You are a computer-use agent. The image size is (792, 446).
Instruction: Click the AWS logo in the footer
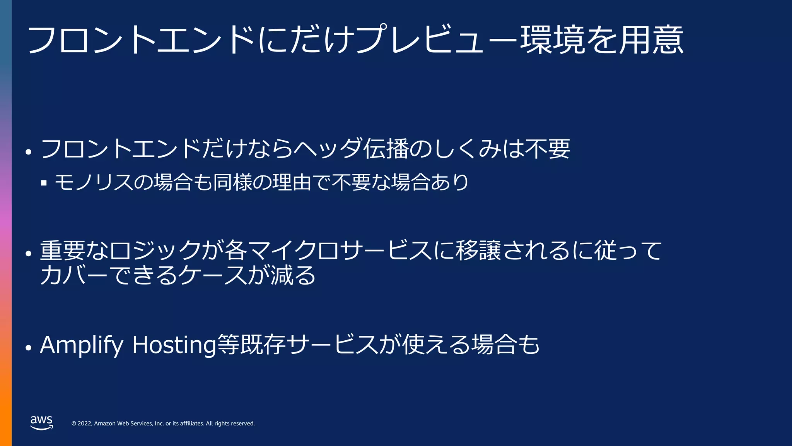point(41,422)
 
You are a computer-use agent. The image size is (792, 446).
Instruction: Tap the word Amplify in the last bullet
point(81,345)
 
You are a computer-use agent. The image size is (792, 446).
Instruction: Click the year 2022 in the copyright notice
point(84,424)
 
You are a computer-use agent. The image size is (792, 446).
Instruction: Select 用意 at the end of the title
point(651,40)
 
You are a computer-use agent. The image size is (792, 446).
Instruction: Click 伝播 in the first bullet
point(386,149)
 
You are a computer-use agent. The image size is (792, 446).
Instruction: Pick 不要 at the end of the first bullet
point(548,149)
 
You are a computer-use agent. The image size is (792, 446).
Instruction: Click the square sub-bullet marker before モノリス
point(44,182)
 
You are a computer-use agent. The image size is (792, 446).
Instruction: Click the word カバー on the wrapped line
point(73,275)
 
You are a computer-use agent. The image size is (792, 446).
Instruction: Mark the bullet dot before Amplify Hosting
point(28,348)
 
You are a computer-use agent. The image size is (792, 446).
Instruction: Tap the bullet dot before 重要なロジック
point(28,254)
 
